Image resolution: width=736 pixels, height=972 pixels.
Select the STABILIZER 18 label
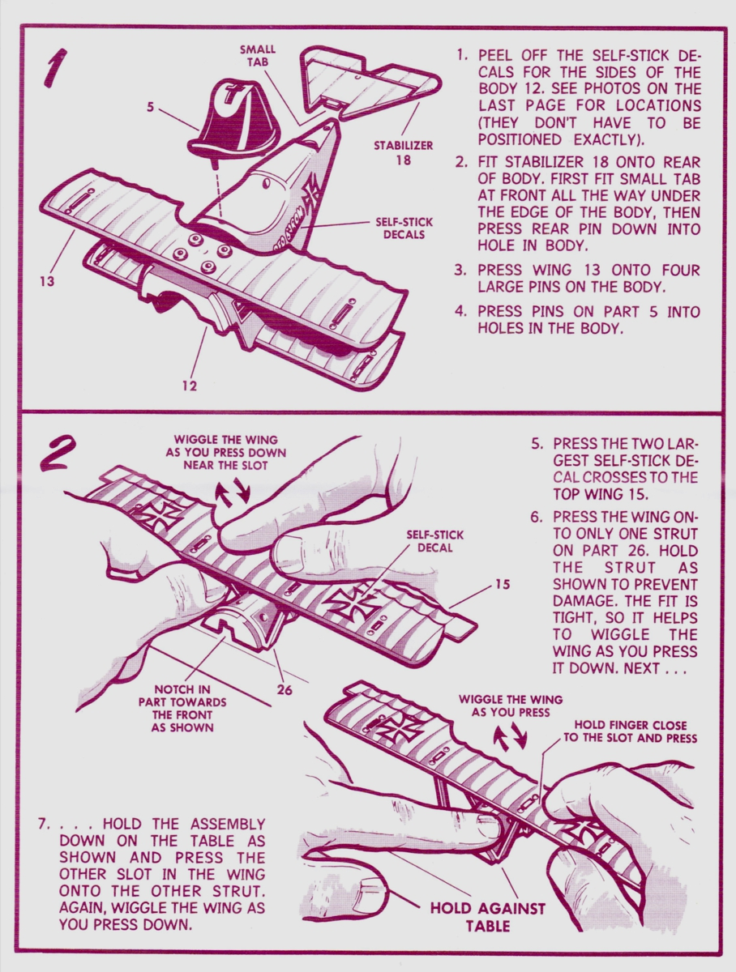403,152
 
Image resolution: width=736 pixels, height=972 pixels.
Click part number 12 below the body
189,386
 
